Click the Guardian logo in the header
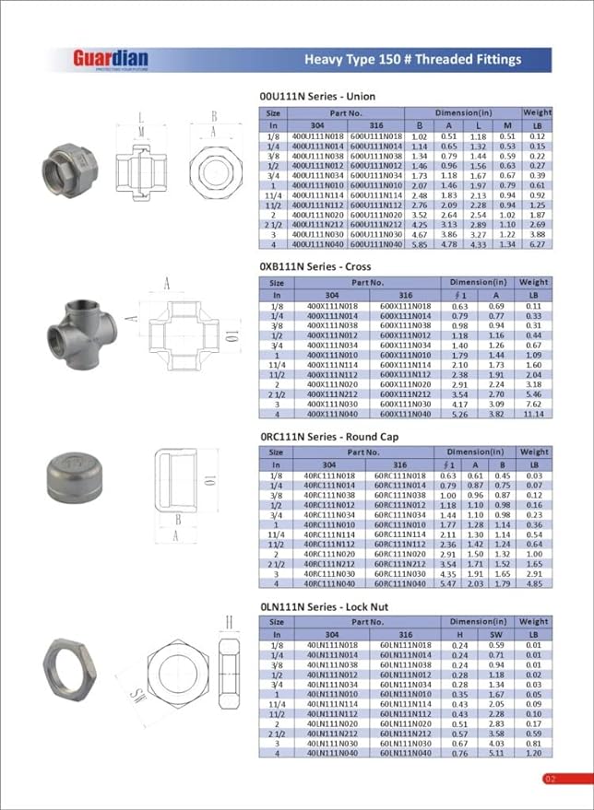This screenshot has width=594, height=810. click(111, 60)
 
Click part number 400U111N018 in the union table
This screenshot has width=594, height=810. click(316, 135)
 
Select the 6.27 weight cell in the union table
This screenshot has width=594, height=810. click(538, 244)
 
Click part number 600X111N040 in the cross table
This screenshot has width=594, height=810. click(405, 414)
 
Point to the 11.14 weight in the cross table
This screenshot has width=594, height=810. click(533, 414)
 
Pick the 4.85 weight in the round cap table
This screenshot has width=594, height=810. click(533, 584)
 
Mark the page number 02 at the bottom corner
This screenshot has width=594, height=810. click(551, 779)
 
